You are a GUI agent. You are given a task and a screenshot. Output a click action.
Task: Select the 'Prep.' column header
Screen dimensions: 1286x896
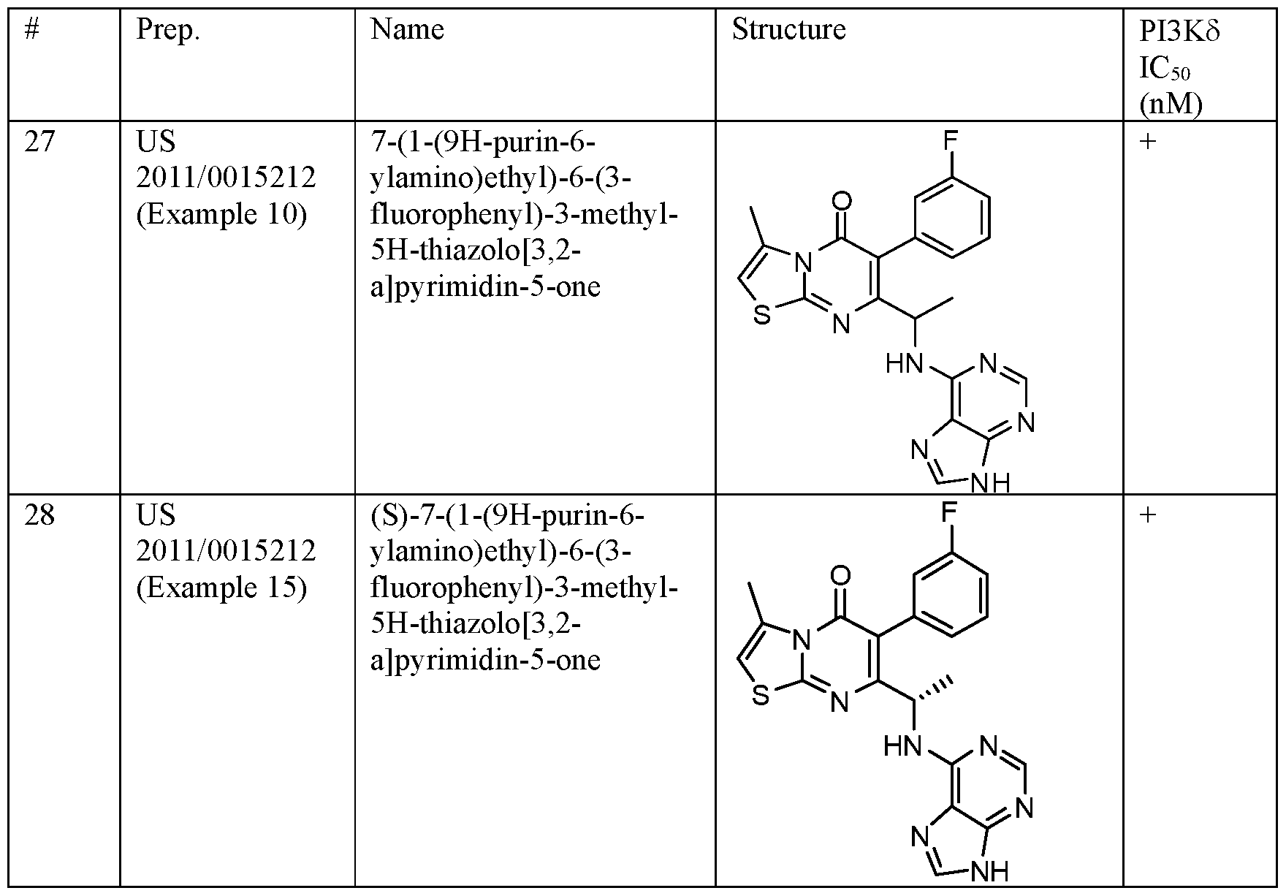point(168,31)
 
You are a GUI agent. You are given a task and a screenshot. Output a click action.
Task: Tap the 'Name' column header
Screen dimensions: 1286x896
point(407,29)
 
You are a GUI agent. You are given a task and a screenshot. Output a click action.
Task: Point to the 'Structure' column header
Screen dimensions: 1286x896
point(788,29)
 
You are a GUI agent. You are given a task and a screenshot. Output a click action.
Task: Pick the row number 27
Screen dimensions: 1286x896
point(39,140)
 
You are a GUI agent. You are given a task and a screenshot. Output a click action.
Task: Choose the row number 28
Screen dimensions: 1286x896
point(39,515)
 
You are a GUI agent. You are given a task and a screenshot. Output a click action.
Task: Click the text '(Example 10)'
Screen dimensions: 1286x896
point(221,215)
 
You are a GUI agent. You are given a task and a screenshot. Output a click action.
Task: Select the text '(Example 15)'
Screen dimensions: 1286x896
point(221,588)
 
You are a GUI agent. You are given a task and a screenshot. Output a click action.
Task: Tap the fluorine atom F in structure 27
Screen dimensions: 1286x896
point(950,140)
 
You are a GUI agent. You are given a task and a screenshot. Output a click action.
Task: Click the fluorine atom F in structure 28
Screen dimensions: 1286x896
point(948,512)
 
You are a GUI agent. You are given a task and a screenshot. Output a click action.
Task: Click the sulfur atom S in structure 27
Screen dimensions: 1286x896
point(762,317)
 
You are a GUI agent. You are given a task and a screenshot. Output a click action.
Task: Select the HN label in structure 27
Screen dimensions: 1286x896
point(905,364)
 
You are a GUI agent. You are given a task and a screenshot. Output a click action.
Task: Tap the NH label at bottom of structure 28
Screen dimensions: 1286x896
point(991,871)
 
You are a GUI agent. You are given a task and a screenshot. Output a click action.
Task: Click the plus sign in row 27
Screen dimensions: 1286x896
point(1149,141)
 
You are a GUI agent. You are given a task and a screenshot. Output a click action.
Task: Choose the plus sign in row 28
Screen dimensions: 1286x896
point(1149,515)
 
